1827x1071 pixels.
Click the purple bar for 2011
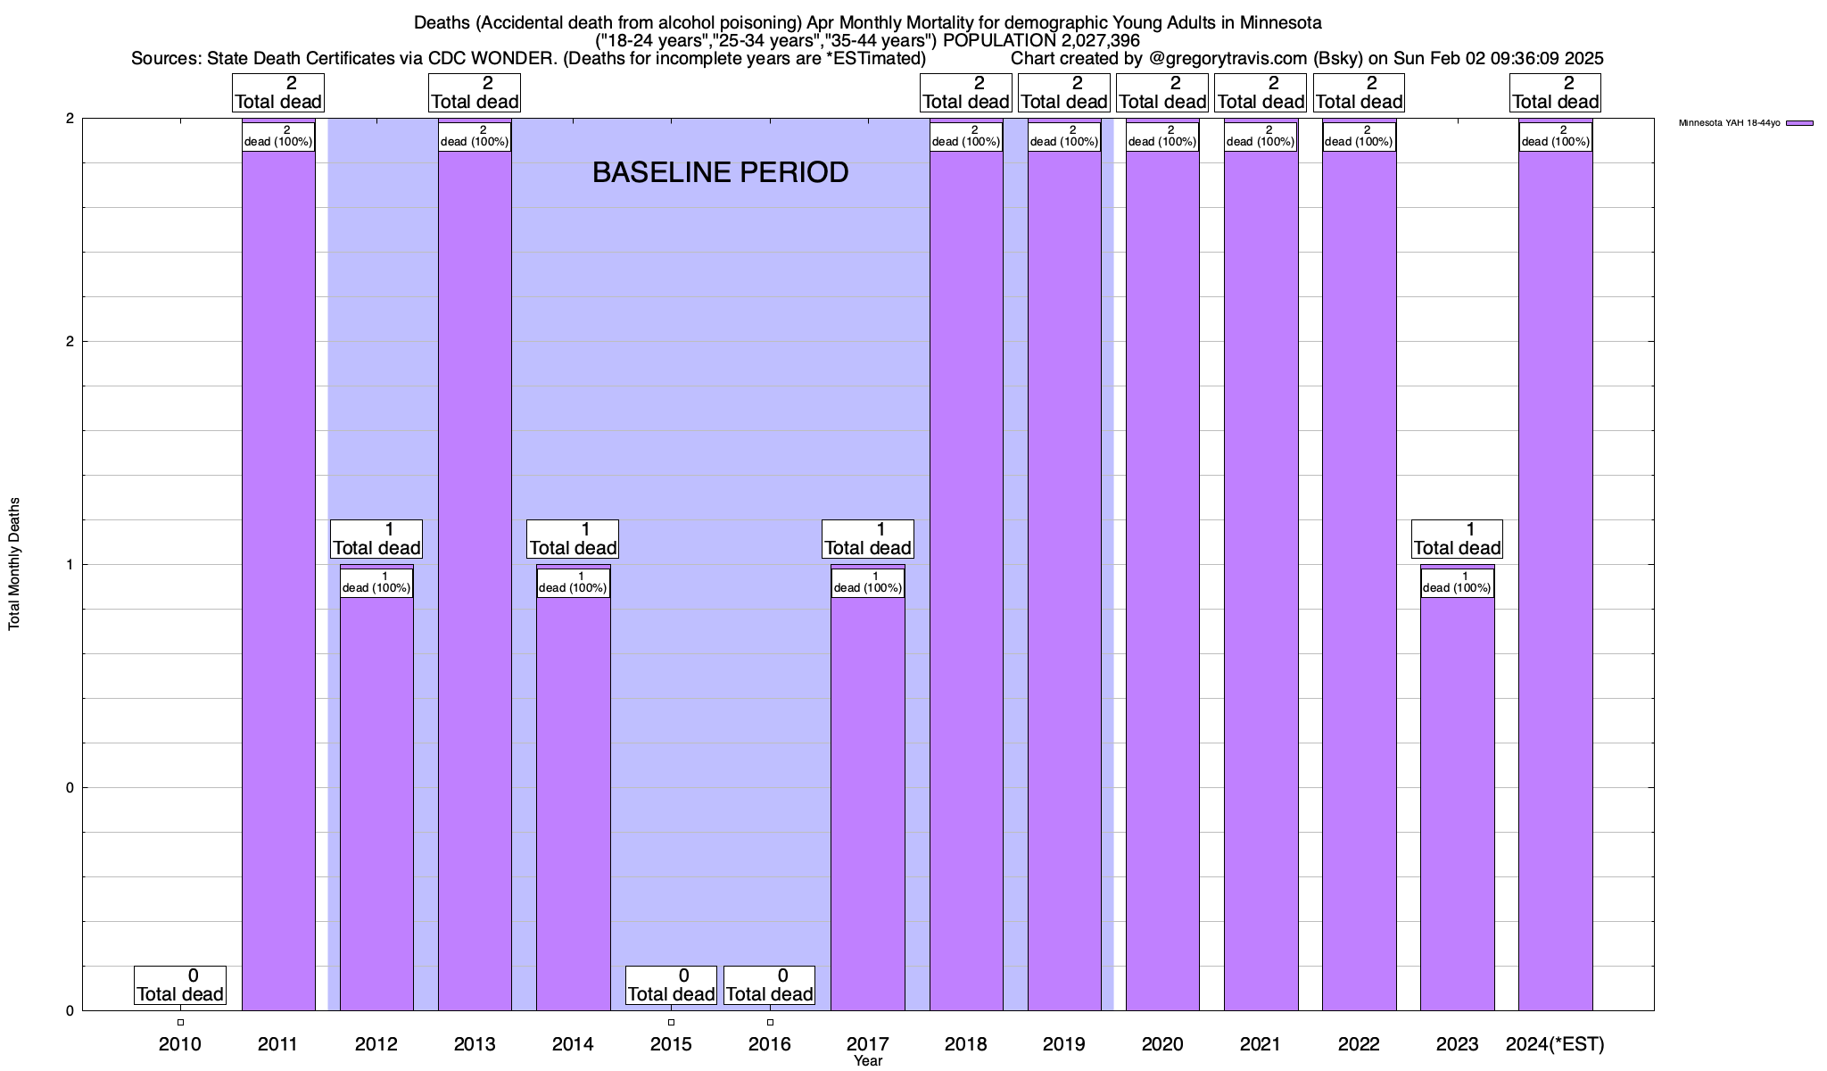coord(278,580)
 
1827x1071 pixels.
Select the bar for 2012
coord(376,803)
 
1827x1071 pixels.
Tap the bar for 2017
coord(867,803)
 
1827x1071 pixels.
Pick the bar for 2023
coord(1457,803)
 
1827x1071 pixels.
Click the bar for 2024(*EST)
coord(1555,580)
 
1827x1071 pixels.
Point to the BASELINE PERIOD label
coord(720,172)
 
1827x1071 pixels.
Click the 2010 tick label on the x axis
coord(180,1044)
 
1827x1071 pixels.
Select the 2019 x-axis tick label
coord(1064,1044)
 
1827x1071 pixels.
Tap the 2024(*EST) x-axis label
coord(1555,1044)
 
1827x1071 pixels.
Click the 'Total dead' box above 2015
coord(671,985)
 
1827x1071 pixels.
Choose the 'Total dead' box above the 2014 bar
coord(573,539)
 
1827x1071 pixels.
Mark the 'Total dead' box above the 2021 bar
coord(1261,93)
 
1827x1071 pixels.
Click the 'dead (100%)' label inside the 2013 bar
coord(475,137)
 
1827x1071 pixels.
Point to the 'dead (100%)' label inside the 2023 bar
coord(1457,583)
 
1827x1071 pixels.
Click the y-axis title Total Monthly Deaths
coord(14,564)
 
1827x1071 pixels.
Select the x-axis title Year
coord(867,1061)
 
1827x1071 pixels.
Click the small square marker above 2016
coord(770,1023)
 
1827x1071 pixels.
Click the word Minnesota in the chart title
coord(1280,22)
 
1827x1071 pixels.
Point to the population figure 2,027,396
coord(1081,40)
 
